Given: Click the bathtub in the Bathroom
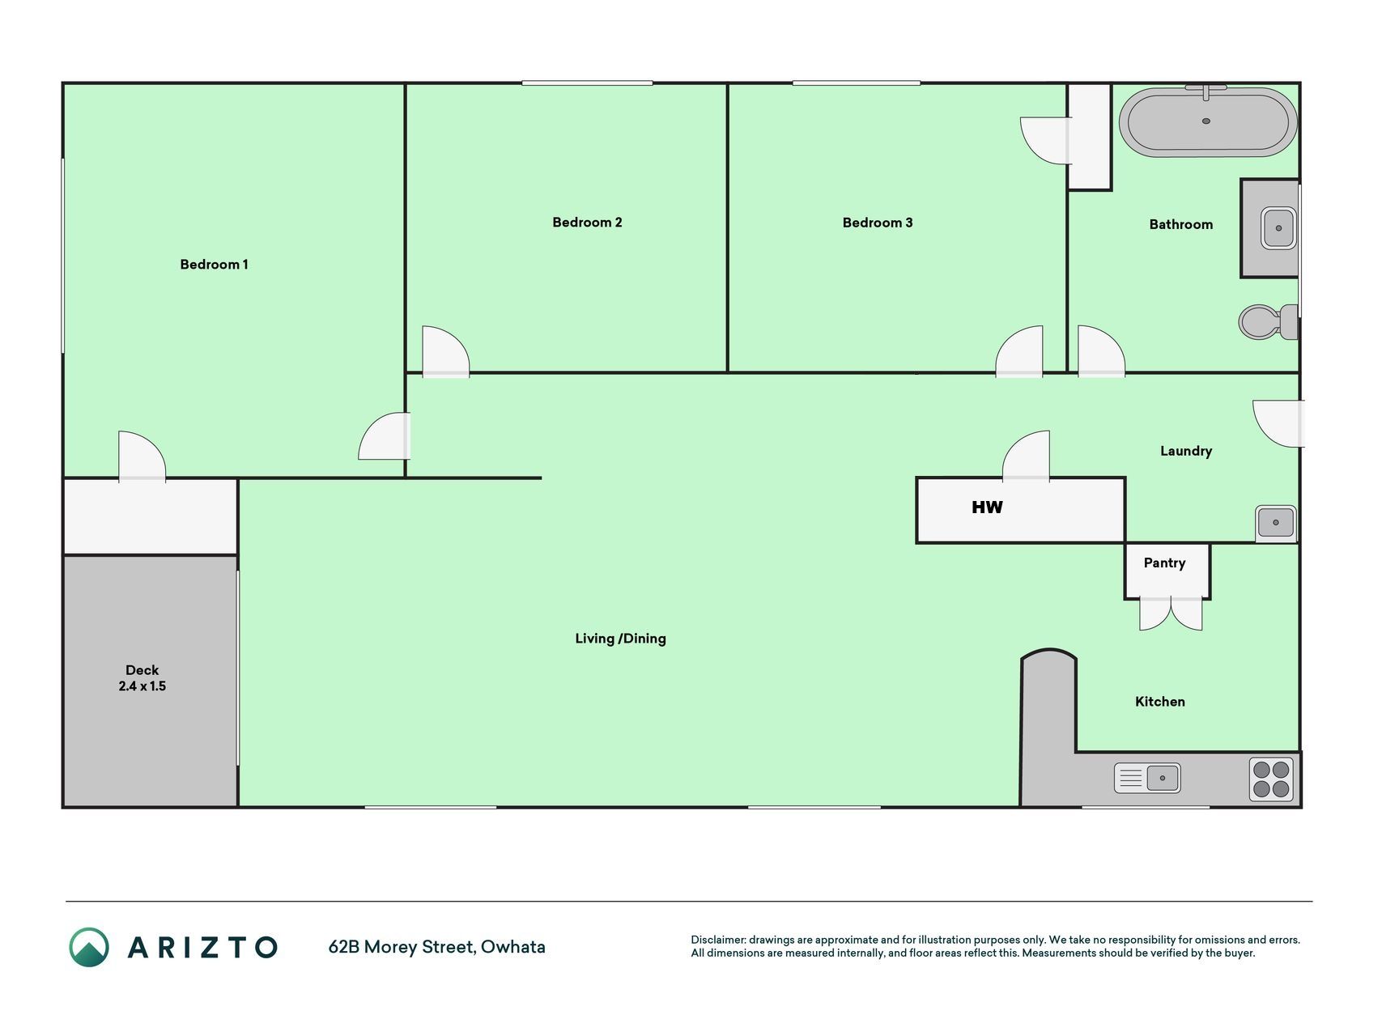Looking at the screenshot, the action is click(1207, 121).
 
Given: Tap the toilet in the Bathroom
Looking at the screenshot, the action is click(1268, 321).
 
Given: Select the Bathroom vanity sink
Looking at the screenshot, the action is click(1278, 228).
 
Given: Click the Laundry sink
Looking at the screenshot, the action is click(1276, 522).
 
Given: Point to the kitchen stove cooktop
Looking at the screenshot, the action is click(1271, 779).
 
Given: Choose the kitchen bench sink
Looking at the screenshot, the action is click(1147, 778).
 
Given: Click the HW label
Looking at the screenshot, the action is click(987, 507).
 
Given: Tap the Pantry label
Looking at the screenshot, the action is click(1164, 563).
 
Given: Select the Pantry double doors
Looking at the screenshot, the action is click(1171, 614).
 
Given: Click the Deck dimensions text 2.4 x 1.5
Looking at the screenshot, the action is click(142, 686).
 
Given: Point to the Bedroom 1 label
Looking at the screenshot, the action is click(214, 265).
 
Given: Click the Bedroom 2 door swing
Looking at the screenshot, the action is click(445, 351).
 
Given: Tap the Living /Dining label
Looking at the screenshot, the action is click(620, 639).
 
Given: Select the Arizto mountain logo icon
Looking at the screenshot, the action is click(89, 947).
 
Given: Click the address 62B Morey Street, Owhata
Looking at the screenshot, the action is click(436, 947).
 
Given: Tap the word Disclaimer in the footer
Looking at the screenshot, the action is click(717, 940).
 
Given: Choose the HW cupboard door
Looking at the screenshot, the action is click(1026, 456).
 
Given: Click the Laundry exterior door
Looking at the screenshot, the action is click(1278, 423).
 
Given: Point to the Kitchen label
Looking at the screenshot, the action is click(1159, 702).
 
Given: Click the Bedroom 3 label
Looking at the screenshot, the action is click(878, 223).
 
